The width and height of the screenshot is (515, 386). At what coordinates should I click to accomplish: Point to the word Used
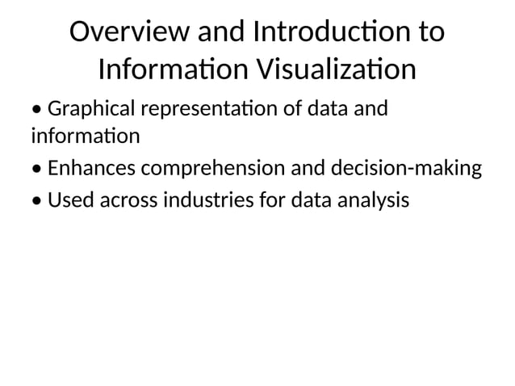click(71, 199)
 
